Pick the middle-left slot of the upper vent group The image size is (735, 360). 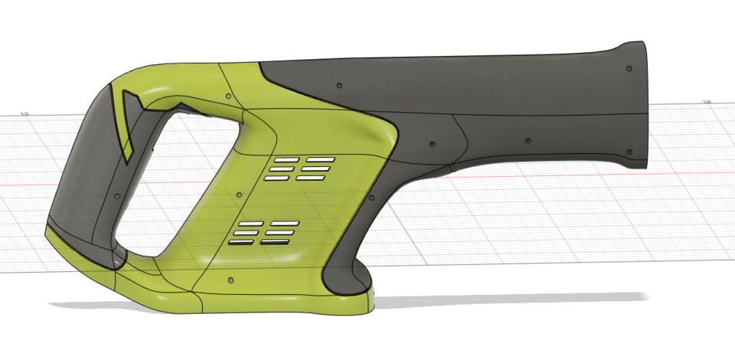tap(281, 169)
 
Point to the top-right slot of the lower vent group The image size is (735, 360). tap(285, 223)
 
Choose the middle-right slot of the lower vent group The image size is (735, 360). tap(281, 232)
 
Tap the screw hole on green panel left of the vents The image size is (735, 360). tap(240, 194)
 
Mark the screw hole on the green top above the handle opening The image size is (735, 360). tap(228, 95)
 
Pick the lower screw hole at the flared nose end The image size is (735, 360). tap(630, 149)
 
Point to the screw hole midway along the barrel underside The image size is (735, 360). tap(528, 141)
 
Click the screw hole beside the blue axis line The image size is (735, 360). tap(433, 143)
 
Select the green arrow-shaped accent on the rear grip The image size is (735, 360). tap(126, 123)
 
